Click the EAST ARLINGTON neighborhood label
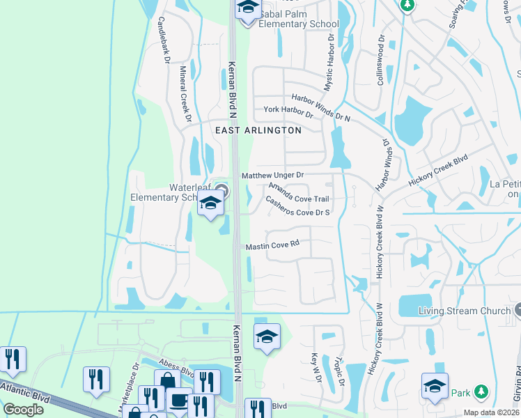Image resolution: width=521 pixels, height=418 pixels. click(258, 130)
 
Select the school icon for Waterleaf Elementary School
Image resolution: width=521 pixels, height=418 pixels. click(210, 203)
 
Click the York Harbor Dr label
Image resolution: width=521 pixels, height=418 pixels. click(288, 110)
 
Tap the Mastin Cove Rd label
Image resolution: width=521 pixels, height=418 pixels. click(272, 245)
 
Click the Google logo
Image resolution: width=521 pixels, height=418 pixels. click(24, 410)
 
